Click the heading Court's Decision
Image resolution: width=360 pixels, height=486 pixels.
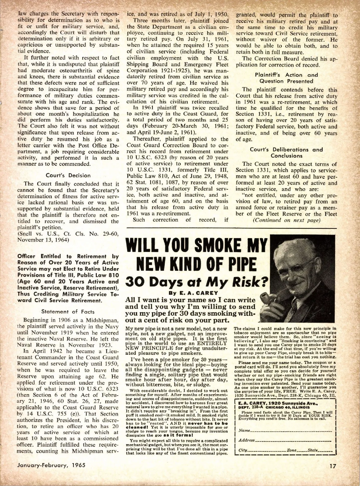tap(68, 175)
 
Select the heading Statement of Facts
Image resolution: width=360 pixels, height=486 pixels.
tap(68, 312)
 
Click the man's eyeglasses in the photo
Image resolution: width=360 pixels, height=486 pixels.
tap(295, 267)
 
